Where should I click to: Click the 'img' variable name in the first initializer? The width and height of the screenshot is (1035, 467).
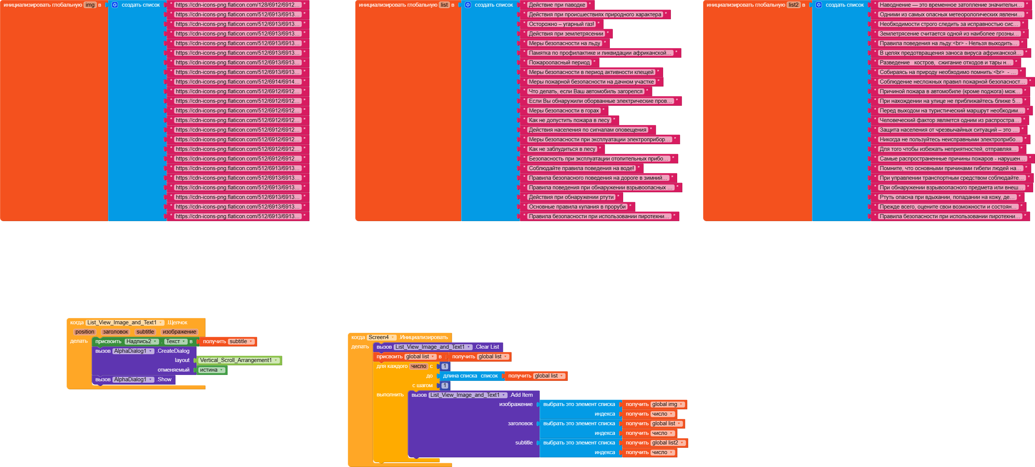(x=90, y=5)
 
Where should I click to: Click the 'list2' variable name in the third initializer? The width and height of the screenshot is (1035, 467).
(x=793, y=5)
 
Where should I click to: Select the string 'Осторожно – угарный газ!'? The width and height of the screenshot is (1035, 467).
(x=561, y=24)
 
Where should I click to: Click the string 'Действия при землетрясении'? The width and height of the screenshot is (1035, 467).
(x=566, y=34)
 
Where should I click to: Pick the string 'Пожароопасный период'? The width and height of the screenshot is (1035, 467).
(x=559, y=62)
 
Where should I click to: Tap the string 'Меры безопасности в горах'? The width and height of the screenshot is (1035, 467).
(x=563, y=111)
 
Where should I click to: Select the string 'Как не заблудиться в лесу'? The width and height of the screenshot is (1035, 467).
(x=562, y=149)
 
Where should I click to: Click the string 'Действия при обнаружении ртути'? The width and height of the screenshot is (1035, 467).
(x=571, y=197)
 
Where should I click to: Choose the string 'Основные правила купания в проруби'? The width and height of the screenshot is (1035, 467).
(x=577, y=207)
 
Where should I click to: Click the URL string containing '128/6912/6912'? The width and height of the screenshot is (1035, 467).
(x=238, y=5)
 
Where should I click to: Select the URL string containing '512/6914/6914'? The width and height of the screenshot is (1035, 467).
(x=238, y=82)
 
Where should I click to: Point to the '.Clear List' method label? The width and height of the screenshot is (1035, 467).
(x=487, y=347)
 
